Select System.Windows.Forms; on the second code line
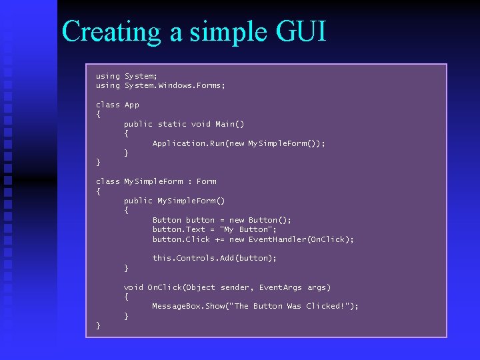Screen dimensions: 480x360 (x=175, y=85)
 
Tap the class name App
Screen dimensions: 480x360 (x=132, y=105)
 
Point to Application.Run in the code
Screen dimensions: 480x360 (x=189, y=143)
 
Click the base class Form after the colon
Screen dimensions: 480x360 (x=206, y=181)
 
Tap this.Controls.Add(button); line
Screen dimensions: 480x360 (x=215, y=258)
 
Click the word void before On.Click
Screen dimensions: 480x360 (x=133, y=287)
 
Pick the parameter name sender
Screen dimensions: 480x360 (x=236, y=287)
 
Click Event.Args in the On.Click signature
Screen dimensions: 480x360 (x=281, y=287)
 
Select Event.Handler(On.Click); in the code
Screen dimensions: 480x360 (x=301, y=239)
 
